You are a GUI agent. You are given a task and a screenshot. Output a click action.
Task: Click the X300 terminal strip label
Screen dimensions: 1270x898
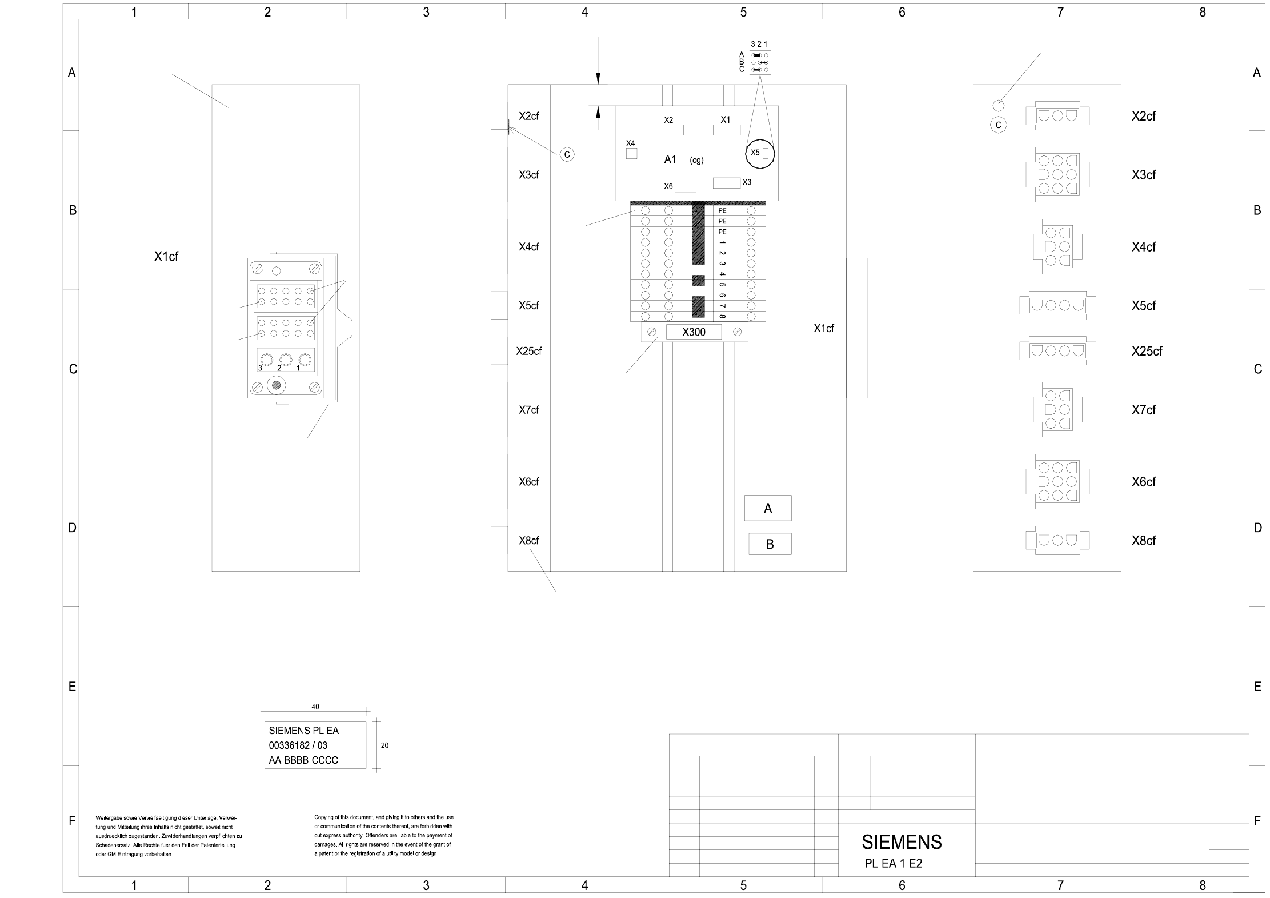(694, 332)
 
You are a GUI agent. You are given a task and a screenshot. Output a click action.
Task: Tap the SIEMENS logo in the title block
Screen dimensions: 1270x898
(902, 842)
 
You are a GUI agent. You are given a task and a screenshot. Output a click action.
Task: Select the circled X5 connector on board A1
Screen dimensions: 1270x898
(760, 153)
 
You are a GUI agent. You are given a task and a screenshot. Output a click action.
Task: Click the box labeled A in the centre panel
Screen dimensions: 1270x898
(768, 508)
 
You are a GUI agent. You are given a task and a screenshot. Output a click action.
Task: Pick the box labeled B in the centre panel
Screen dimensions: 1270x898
(770, 544)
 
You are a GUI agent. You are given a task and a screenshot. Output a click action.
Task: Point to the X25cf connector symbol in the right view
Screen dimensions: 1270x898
(1057, 351)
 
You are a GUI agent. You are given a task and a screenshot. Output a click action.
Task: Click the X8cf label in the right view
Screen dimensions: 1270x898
(1143, 541)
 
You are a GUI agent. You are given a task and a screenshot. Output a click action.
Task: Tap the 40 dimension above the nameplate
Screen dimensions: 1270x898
(315, 707)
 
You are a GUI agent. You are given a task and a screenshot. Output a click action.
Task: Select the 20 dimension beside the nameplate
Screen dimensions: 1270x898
(384, 745)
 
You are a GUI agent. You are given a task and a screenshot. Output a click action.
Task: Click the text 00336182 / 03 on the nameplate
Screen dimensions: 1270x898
(298, 745)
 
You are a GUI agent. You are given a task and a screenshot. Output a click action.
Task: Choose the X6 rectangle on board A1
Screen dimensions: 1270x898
(686, 187)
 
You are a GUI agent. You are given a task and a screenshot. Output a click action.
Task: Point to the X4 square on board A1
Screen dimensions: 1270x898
(631, 153)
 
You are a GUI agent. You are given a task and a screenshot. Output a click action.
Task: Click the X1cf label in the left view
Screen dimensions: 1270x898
(166, 257)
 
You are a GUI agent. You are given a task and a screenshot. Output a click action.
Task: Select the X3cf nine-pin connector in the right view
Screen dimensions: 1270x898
(1057, 174)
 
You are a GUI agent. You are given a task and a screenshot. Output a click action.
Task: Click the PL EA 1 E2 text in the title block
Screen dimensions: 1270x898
(893, 864)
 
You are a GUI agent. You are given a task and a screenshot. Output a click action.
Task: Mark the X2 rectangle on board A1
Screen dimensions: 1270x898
(670, 130)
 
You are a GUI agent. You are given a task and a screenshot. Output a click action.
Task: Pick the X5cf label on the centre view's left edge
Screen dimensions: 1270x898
(528, 306)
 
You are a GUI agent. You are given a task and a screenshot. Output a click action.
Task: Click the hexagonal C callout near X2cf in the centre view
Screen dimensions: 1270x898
(567, 155)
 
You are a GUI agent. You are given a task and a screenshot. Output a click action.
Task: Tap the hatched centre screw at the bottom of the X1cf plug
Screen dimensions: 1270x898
(277, 385)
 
